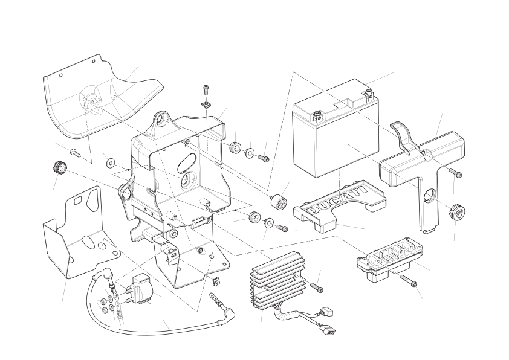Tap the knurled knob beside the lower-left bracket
coord(60,166)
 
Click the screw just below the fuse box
coord(409,281)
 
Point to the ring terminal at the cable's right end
coord(215,297)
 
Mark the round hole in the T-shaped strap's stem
coord(430,196)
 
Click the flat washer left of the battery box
coord(109,162)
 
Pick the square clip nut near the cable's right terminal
coord(216,280)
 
